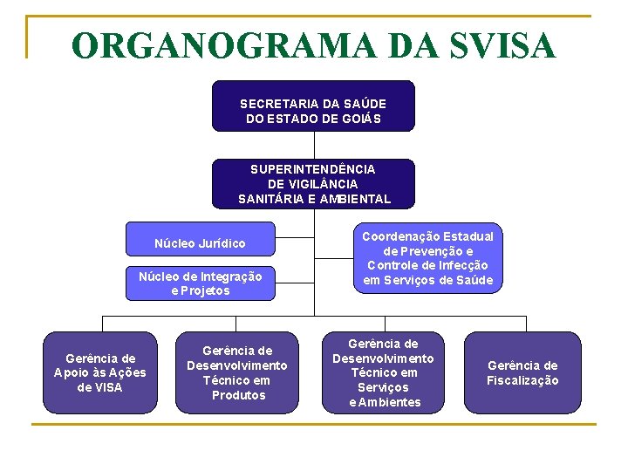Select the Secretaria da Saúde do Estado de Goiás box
(313, 106)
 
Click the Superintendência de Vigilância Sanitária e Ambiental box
(313, 184)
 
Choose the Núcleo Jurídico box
(201, 243)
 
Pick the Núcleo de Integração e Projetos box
(201, 283)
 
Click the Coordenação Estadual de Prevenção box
(427, 258)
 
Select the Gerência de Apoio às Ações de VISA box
(100, 372)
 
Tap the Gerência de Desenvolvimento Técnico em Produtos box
(237, 372)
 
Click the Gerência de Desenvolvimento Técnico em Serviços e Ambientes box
(383, 372)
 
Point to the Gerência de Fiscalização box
(522, 372)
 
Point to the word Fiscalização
(522, 380)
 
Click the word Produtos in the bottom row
(238, 395)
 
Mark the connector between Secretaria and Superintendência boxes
(313, 145)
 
